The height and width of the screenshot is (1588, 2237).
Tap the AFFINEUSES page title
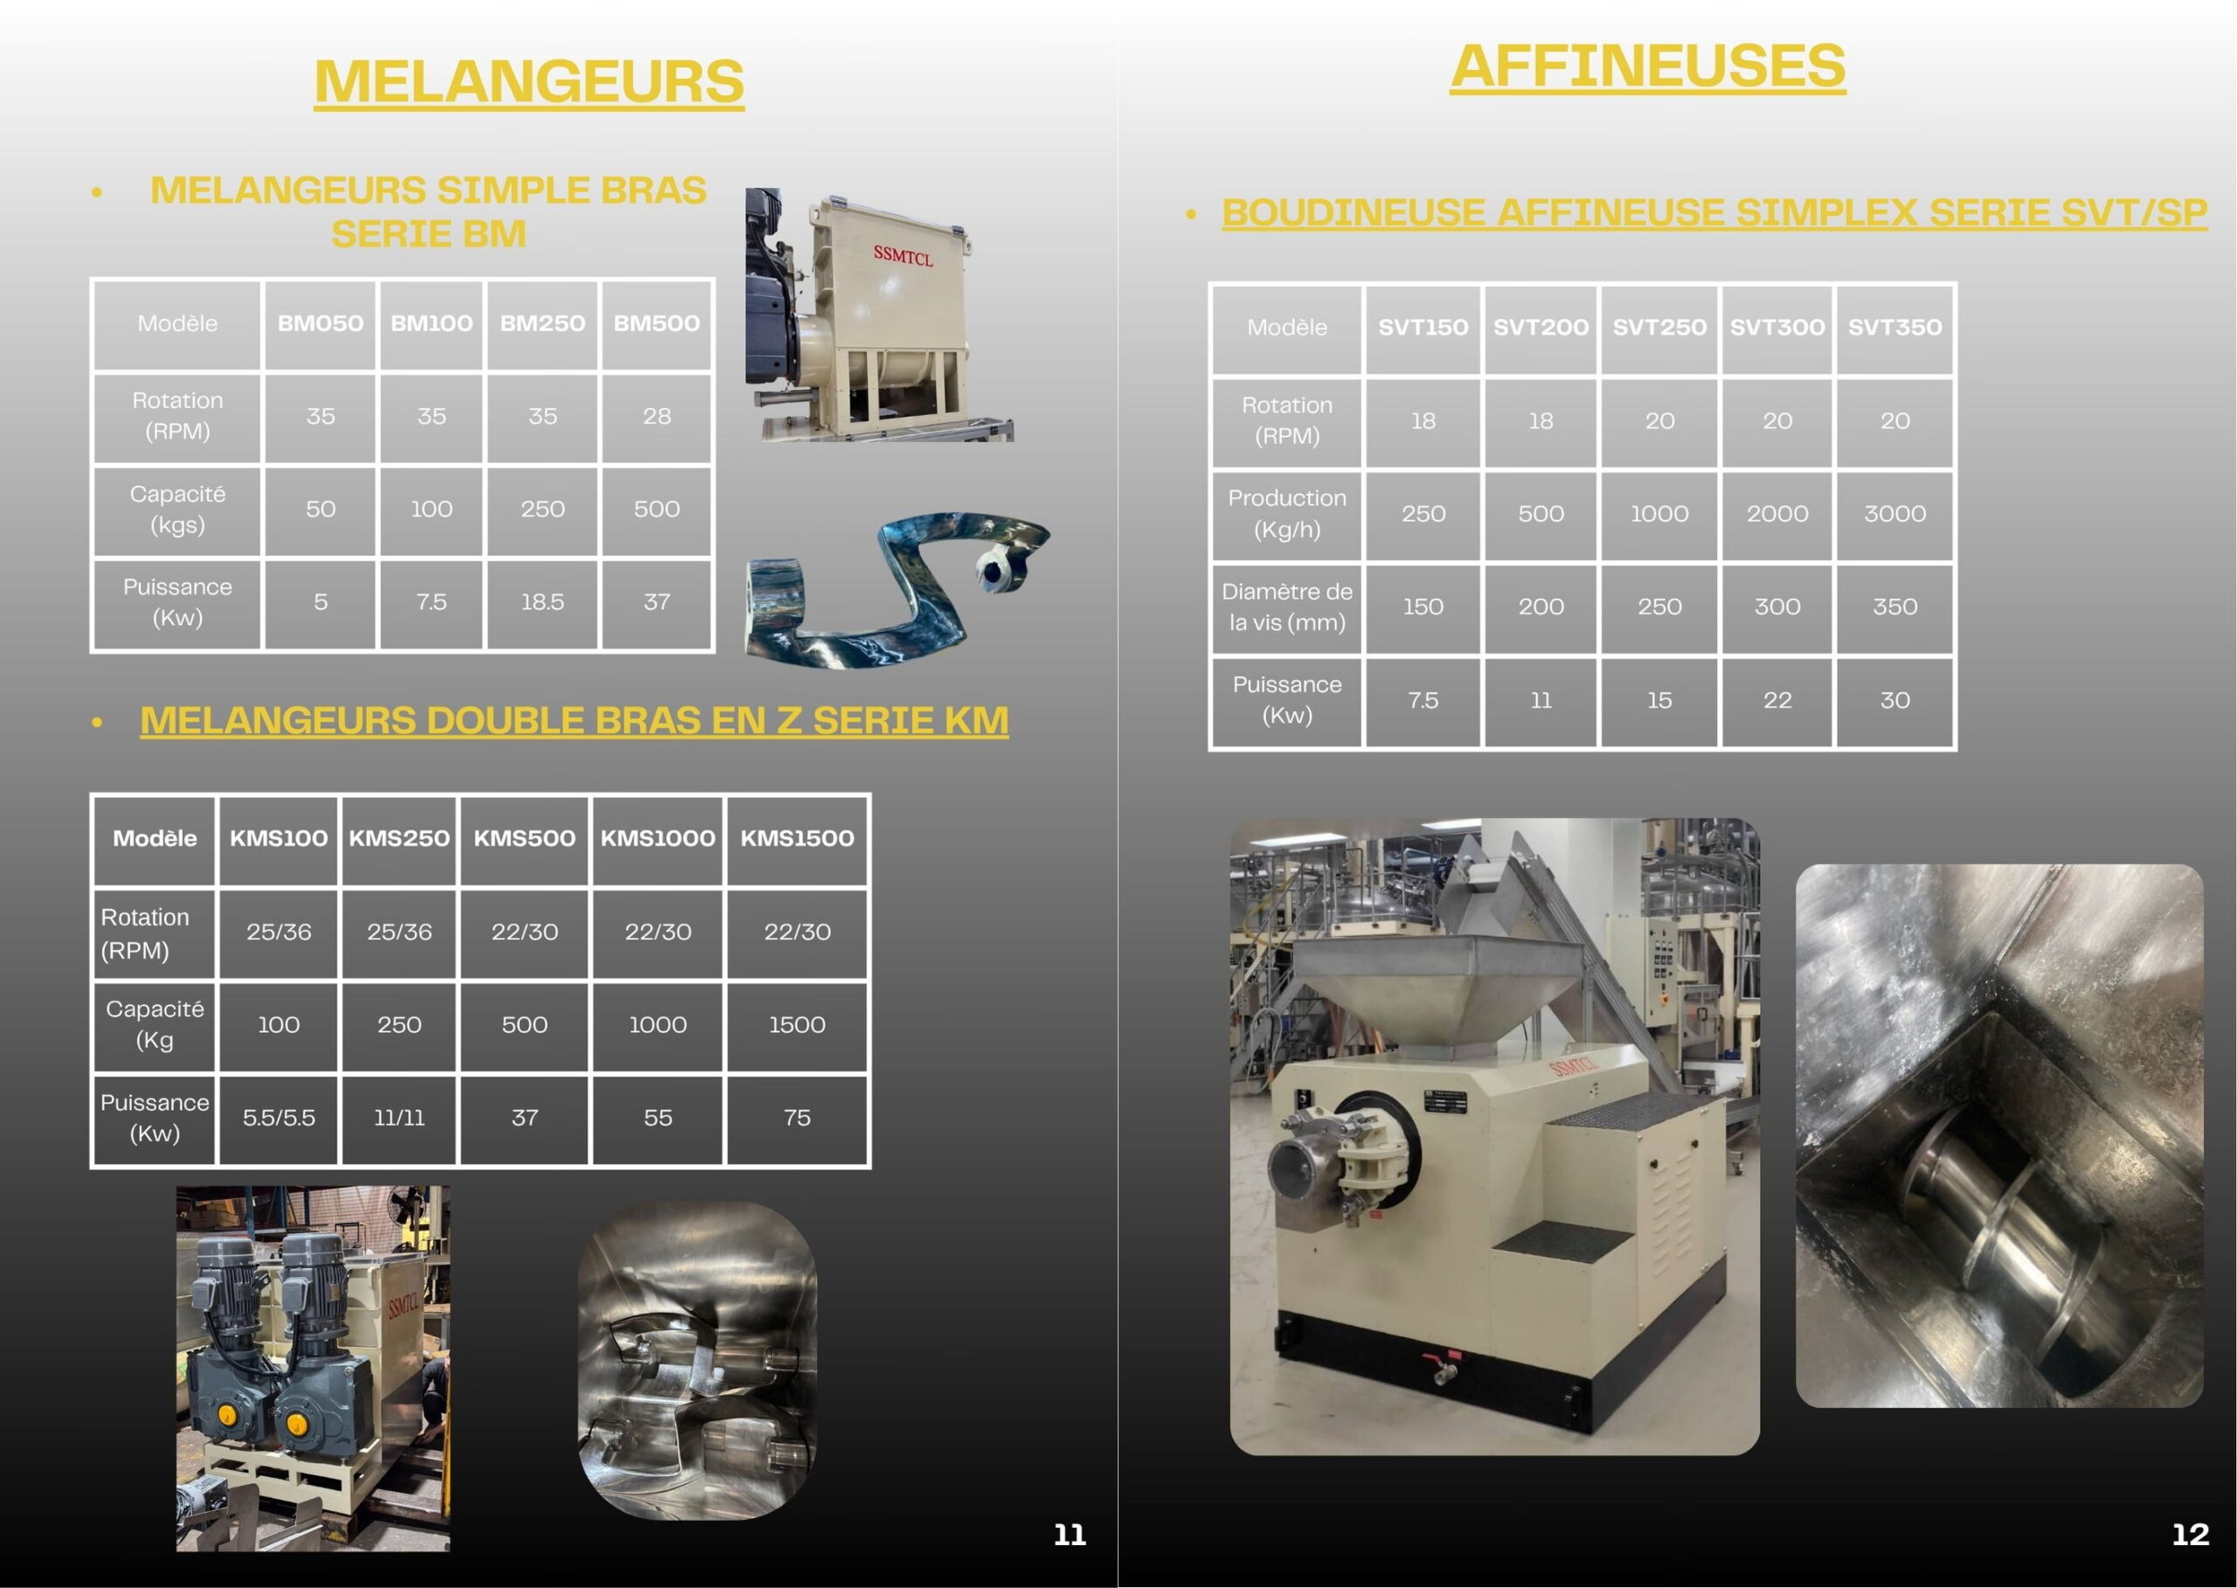tap(1648, 66)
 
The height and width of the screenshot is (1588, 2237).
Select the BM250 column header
tap(543, 323)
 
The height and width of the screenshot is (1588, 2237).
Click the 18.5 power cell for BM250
tap(543, 602)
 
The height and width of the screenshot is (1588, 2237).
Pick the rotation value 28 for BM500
tap(657, 417)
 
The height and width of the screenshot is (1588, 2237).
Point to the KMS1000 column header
tap(658, 838)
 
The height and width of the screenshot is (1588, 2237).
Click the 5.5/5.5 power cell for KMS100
tap(279, 1118)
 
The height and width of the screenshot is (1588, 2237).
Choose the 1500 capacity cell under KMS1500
tap(797, 1025)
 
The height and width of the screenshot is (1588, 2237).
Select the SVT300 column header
tap(1777, 328)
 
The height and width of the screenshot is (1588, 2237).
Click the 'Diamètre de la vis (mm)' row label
tap(1286, 607)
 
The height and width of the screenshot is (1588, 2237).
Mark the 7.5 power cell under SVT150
tap(1423, 700)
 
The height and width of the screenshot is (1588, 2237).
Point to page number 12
tap(2190, 1534)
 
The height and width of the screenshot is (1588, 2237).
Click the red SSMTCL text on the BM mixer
tap(903, 256)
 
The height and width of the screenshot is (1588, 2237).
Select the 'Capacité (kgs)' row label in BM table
tap(177, 510)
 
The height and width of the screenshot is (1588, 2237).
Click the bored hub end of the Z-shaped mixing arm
tap(998, 570)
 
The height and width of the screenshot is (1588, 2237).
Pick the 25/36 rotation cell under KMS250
tap(399, 932)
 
